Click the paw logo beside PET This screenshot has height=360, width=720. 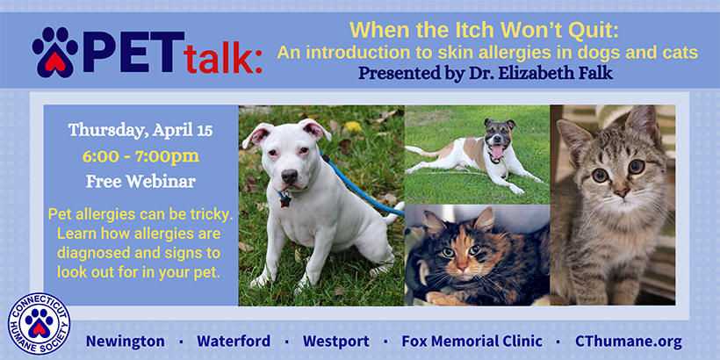coord(54,52)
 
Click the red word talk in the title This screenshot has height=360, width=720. coord(223,60)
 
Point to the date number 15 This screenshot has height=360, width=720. coord(205,131)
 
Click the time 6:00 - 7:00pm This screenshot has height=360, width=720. coord(140,156)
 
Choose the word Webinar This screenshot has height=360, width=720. coord(162,182)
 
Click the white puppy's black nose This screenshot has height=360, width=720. coord(289,176)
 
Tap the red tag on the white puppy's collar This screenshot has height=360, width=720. coord(284,200)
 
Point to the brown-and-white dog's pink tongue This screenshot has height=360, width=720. coord(495,151)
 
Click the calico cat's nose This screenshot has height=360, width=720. coord(462,265)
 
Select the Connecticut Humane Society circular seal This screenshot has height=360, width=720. coord(39,324)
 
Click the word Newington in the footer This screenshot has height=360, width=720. coord(126,342)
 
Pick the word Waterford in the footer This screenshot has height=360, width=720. coord(234,342)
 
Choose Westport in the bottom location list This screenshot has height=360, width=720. coord(336,342)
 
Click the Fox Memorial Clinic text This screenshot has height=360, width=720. coord(472,342)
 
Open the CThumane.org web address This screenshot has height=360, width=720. coord(628,342)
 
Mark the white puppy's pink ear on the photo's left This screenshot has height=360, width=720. coord(257,133)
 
